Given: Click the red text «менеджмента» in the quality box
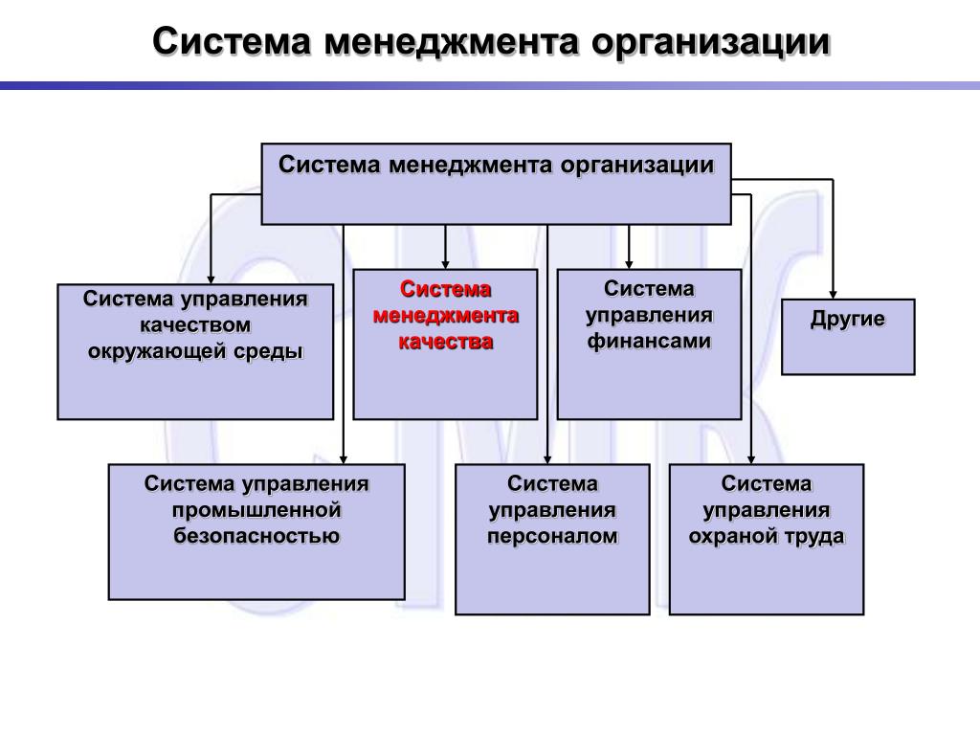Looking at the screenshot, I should (445, 315).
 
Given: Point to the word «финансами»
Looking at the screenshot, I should (649, 342).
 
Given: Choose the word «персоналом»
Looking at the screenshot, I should (552, 536).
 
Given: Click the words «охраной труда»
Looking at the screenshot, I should (767, 536).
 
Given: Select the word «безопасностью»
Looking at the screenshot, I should (256, 536).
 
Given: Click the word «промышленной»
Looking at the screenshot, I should (256, 510).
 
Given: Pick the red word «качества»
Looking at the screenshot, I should (445, 342).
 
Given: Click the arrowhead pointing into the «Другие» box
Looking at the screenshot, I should (835, 293).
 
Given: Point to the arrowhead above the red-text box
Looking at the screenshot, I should (445, 263).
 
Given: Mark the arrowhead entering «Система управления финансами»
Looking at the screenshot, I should (629, 263).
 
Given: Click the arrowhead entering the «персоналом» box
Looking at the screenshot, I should (548, 458).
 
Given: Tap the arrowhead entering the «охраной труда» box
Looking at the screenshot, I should (752, 458).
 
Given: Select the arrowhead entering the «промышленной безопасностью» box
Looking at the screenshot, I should (344, 458).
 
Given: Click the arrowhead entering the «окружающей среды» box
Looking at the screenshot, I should (211, 278).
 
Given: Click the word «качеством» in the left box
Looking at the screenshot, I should (195, 324).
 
